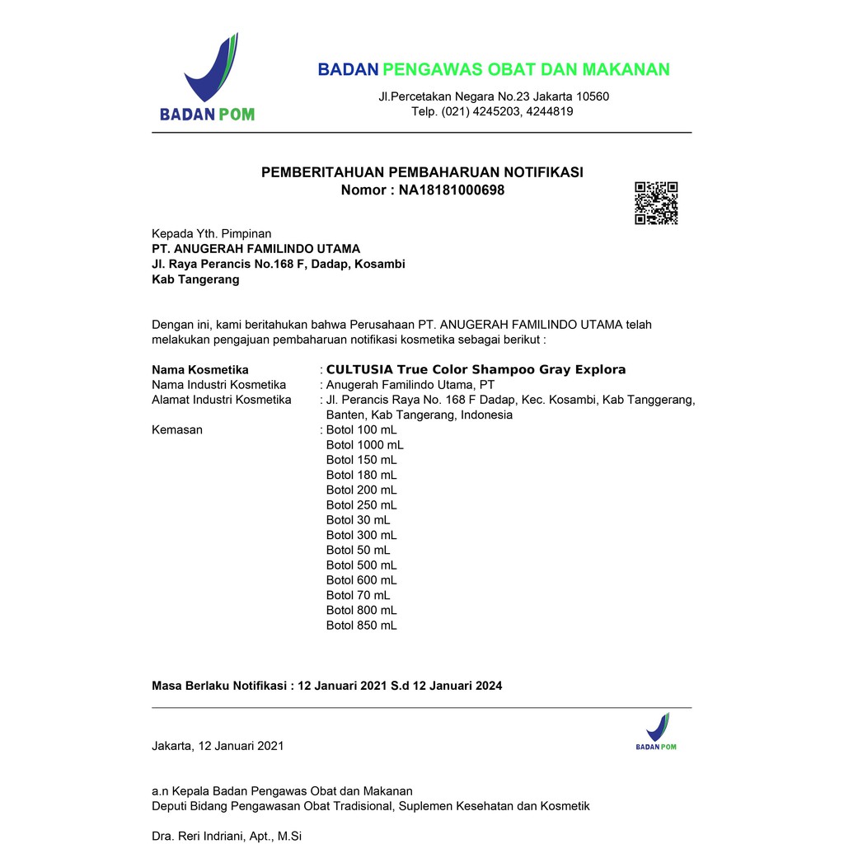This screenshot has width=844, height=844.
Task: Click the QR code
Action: (x=656, y=203)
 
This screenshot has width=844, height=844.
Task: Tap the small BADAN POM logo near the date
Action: (x=656, y=732)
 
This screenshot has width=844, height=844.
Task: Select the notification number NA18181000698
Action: (x=452, y=190)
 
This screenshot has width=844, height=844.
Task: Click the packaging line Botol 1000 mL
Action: (x=364, y=445)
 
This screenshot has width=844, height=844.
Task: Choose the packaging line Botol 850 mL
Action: (x=361, y=626)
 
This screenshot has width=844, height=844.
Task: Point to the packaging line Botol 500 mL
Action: (x=361, y=565)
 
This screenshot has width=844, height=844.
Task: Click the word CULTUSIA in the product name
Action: (x=359, y=369)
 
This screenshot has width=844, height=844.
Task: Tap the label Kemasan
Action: (x=177, y=430)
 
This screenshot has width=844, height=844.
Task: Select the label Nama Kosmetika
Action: (x=200, y=370)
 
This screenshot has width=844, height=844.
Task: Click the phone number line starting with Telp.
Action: (x=492, y=111)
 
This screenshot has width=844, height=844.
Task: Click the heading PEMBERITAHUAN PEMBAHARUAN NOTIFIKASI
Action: (x=422, y=172)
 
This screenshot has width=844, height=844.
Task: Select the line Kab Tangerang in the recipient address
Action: (x=195, y=279)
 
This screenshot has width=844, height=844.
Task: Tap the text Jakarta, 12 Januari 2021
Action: (x=218, y=746)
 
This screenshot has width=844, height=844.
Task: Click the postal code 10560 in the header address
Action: (x=592, y=96)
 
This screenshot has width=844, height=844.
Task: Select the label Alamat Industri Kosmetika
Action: (x=221, y=400)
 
